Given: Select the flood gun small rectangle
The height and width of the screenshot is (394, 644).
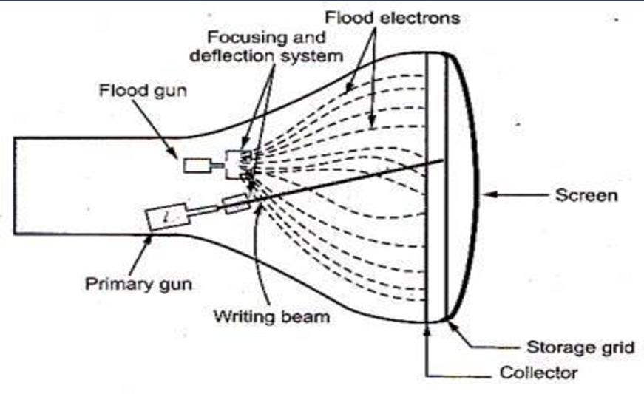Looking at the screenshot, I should click(x=197, y=166).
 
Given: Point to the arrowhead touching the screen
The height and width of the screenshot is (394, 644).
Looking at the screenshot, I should click(x=488, y=196).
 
